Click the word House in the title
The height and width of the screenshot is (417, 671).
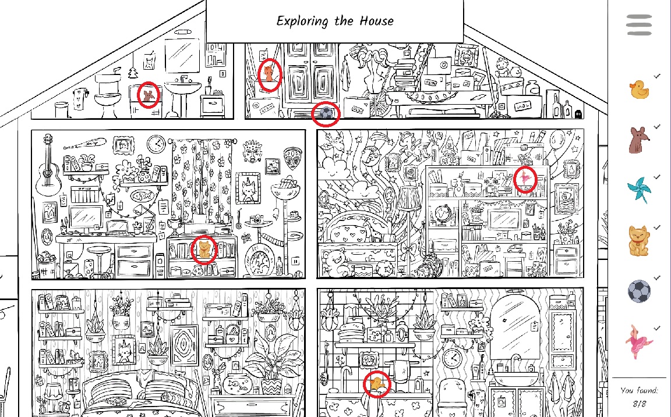pos(373,22)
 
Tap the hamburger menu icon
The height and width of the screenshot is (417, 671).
pos(639,25)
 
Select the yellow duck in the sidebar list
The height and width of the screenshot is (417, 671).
pos(638,90)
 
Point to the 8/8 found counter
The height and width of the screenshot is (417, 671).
pos(639,403)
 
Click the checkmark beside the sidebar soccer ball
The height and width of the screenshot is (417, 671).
pos(657,279)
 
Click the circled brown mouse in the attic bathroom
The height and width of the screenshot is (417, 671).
pos(149,95)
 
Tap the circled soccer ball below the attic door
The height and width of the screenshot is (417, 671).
pos(326,114)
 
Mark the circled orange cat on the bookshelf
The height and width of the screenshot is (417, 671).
pos(204,250)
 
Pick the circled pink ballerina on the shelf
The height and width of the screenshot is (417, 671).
pos(526,179)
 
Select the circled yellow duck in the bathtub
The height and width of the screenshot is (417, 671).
pos(376,384)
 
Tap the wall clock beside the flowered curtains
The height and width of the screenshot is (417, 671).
pos(156,143)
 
